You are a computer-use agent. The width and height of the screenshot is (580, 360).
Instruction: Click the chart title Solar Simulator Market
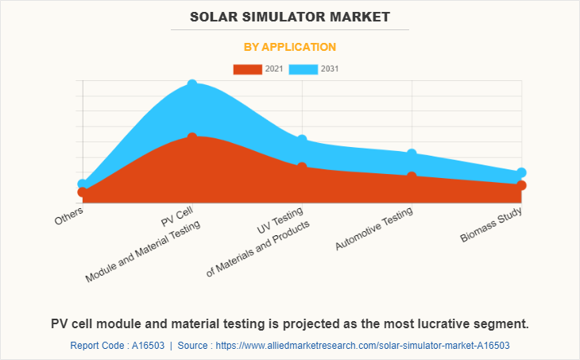tap(289, 17)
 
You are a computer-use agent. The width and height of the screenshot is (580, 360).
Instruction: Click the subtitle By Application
tap(289, 47)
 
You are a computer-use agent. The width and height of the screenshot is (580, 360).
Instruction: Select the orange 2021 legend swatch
tap(247, 69)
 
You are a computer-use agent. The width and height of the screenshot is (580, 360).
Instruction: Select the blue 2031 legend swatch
tap(303, 69)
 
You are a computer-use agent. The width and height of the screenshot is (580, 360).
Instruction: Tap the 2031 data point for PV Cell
tap(192, 84)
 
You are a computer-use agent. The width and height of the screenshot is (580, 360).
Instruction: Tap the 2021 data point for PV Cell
tap(192, 137)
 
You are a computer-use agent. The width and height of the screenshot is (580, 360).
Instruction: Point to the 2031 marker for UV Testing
tap(302, 140)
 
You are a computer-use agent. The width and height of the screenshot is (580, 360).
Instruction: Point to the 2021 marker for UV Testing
tap(302, 167)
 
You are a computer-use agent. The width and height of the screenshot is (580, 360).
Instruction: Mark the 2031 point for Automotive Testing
tap(412, 153)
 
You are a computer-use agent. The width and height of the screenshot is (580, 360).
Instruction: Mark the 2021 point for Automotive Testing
tap(412, 176)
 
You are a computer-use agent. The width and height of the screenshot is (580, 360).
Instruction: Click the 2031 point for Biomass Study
tap(521, 172)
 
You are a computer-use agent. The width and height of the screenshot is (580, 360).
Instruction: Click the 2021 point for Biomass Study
tap(521, 185)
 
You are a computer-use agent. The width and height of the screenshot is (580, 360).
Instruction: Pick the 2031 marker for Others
tap(83, 184)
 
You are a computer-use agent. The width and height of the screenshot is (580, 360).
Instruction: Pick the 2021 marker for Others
tap(83, 192)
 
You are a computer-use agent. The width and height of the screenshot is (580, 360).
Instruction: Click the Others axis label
tap(69, 215)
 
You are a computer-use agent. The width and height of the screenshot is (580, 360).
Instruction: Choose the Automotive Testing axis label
tap(375, 231)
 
